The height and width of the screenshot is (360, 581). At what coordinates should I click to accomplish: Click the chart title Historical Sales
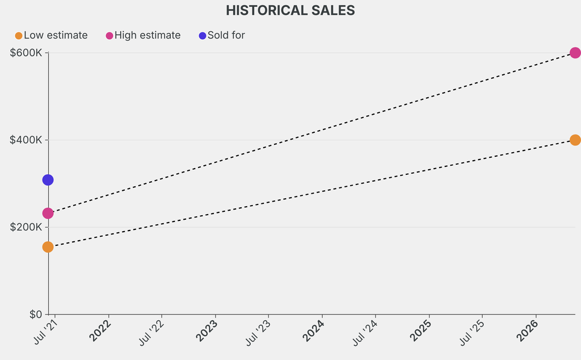[290, 10]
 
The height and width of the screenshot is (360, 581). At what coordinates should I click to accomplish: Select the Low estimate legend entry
[51, 35]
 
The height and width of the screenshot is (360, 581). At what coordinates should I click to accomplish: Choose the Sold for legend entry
[222, 35]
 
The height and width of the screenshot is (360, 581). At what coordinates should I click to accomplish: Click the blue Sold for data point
[48, 180]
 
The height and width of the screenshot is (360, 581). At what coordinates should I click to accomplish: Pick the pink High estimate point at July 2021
[48, 214]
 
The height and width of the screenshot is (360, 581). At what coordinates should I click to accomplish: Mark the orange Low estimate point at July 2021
[48, 247]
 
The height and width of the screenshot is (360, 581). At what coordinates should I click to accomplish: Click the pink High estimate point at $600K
[575, 53]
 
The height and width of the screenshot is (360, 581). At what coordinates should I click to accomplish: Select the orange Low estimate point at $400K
[575, 140]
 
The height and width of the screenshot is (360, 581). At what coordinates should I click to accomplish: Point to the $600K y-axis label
[26, 53]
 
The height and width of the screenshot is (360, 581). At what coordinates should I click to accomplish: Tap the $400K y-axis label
[26, 140]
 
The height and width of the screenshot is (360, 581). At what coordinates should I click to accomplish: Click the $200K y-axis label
[26, 227]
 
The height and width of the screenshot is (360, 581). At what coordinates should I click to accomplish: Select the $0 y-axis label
[35, 315]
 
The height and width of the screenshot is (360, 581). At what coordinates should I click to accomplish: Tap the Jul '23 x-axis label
[258, 333]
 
